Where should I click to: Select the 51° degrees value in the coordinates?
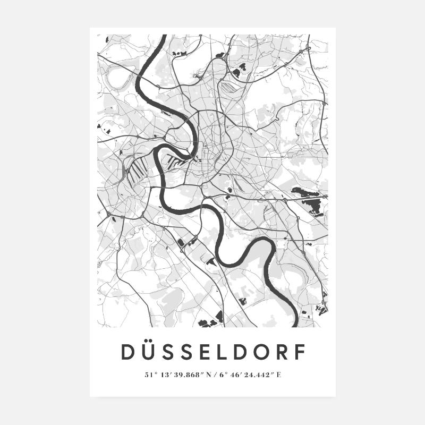coord(149,375)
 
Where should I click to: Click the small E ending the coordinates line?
coord(279,375)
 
